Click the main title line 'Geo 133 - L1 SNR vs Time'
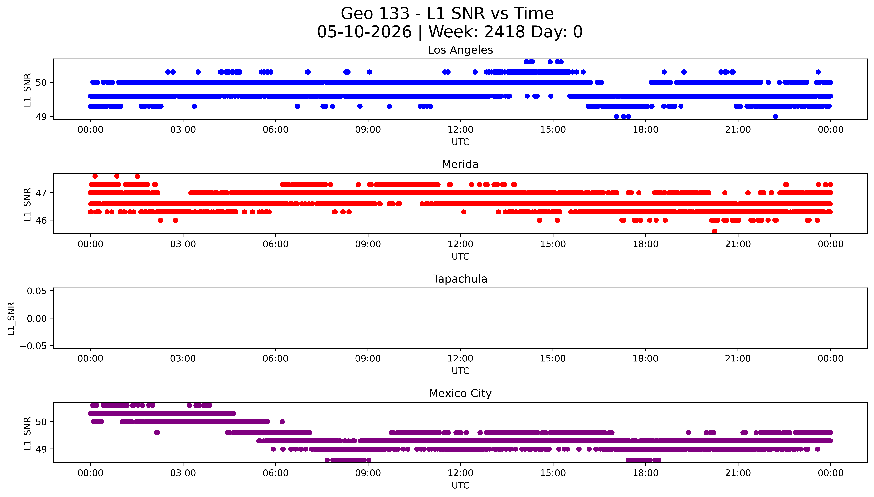(x=447, y=14)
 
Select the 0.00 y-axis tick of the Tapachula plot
(x=37, y=319)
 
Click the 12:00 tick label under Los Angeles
(x=460, y=130)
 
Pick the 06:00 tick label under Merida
(x=276, y=244)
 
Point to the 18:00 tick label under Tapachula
(x=645, y=358)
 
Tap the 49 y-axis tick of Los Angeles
(x=41, y=117)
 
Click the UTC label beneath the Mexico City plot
(x=460, y=485)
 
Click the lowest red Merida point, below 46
(x=714, y=231)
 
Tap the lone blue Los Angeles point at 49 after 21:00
(x=776, y=117)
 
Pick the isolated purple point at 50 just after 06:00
(x=282, y=422)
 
